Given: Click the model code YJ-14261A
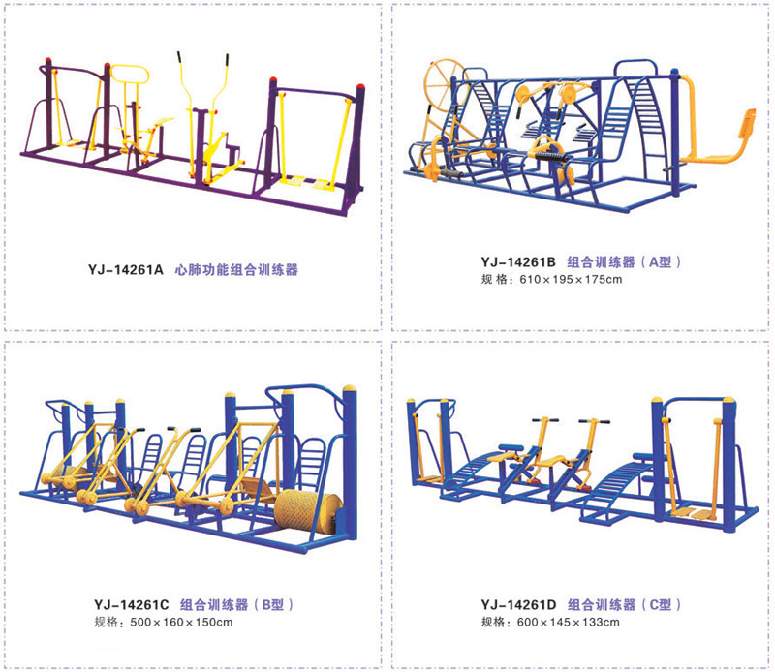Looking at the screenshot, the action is pyautogui.click(x=126, y=270).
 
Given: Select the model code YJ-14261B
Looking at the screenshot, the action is pyautogui.click(x=518, y=261).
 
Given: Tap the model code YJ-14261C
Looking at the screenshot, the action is pyautogui.click(x=132, y=605).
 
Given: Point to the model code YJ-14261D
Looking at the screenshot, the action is pyautogui.click(x=518, y=605).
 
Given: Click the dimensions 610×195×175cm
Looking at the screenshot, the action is pyautogui.click(x=571, y=279).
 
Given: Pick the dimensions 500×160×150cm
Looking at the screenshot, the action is pyautogui.click(x=181, y=622).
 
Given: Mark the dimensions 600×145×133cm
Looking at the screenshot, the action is pyautogui.click(x=569, y=622).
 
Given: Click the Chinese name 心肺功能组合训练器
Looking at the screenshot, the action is pyautogui.click(x=236, y=270).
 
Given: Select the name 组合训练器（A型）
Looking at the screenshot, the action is pyautogui.click(x=624, y=261).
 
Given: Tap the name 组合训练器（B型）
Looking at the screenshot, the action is pyautogui.click(x=236, y=605).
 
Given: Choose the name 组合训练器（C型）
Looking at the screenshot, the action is pyautogui.click(x=624, y=605).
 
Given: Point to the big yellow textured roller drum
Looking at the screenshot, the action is pyautogui.click(x=307, y=512).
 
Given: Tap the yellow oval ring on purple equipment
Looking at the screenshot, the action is pyautogui.click(x=130, y=75).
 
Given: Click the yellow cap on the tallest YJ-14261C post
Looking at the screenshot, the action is pyautogui.click(x=350, y=388).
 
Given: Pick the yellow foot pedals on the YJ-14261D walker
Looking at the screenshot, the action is pyautogui.click(x=696, y=513).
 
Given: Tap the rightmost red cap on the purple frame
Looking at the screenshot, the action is pyautogui.click(x=360, y=88).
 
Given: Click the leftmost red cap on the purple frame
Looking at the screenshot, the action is pyautogui.click(x=47, y=61).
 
